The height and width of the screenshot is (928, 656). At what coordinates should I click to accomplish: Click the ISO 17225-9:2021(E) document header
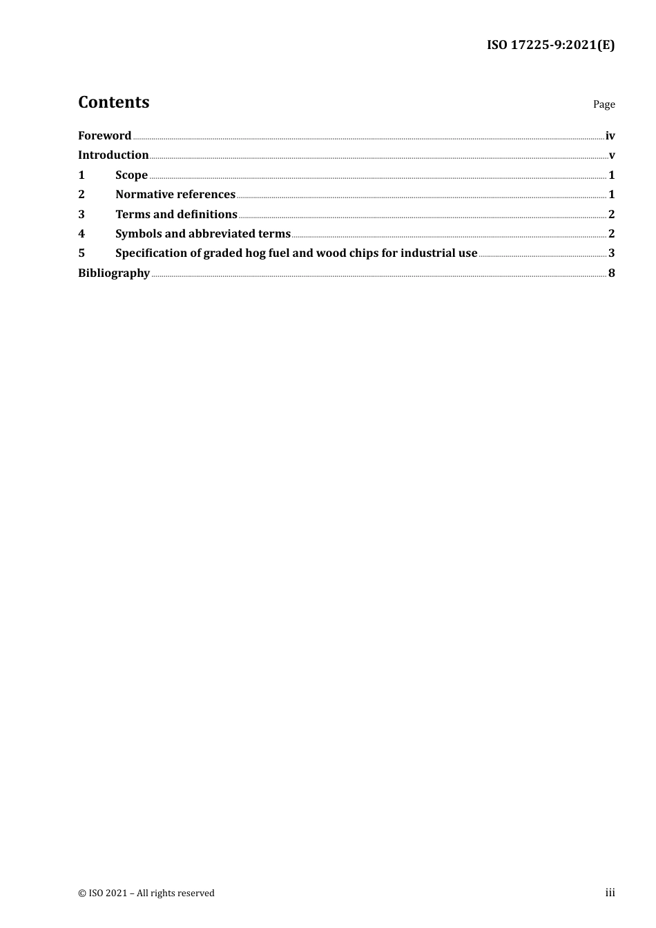tap(550, 45)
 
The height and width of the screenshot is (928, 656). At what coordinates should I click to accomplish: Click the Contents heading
tap(113, 102)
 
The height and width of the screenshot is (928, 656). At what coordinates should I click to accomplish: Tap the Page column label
tap(604, 104)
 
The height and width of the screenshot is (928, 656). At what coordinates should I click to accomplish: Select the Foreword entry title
tap(104, 135)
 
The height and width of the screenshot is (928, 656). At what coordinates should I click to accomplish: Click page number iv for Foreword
tap(610, 135)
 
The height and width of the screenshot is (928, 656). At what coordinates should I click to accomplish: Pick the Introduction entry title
tap(113, 155)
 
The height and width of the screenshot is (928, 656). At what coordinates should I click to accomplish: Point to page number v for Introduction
tap(612, 155)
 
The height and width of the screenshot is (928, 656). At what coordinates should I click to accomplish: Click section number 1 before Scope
tap(81, 175)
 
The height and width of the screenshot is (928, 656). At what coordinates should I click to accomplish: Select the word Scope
tap(131, 175)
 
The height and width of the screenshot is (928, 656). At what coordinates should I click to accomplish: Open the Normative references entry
tap(175, 194)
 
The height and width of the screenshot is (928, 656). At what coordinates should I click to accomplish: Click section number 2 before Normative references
tap(81, 194)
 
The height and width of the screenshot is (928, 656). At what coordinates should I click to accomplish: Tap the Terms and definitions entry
tap(176, 214)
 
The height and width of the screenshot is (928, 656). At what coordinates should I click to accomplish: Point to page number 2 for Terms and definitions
tap(611, 214)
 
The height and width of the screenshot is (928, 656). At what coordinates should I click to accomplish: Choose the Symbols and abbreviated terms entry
tap(203, 233)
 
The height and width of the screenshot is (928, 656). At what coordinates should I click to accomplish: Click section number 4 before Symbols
tap(81, 233)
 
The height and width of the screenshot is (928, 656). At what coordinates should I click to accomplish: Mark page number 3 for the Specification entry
tap(611, 253)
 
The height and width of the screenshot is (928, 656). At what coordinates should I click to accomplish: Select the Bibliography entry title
tap(114, 273)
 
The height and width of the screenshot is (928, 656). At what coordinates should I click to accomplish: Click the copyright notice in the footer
tap(146, 893)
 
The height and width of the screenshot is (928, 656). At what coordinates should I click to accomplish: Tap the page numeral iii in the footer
tap(610, 892)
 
